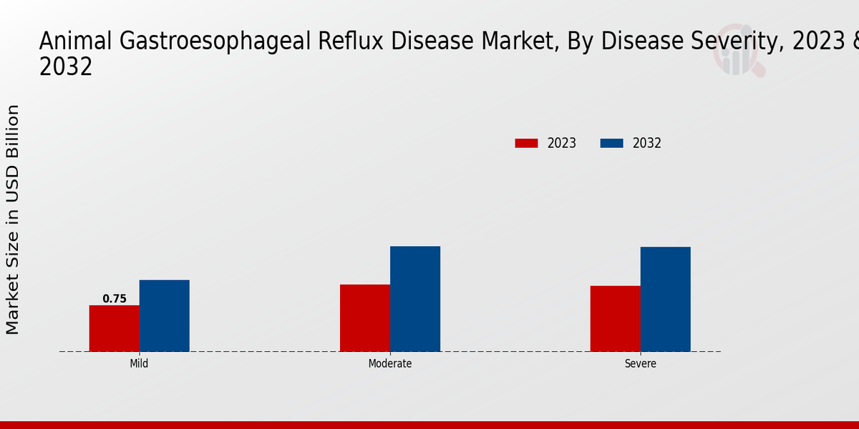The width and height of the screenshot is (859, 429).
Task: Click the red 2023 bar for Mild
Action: tap(115, 328)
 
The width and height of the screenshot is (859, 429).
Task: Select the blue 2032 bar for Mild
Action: tap(165, 315)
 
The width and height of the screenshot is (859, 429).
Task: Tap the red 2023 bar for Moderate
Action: tap(365, 317)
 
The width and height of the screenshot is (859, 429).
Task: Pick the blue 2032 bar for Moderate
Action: tap(415, 299)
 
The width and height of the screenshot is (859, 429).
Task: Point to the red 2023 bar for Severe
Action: tap(616, 318)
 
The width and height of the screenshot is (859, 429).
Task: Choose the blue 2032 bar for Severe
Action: tap(666, 299)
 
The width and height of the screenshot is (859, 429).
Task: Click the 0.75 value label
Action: tap(115, 299)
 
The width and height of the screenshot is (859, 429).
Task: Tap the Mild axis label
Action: tap(139, 363)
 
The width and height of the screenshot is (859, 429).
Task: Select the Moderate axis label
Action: tap(390, 363)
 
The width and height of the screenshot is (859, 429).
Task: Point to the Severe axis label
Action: tap(640, 363)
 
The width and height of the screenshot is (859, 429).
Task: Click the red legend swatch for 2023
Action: tap(526, 143)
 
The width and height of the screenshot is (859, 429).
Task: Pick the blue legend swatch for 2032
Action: tap(611, 143)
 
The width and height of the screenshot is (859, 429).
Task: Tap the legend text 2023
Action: tap(562, 143)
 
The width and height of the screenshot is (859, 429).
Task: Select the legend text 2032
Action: tap(647, 143)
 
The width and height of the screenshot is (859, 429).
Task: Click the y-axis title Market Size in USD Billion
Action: tap(13, 219)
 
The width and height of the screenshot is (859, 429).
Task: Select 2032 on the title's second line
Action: tap(65, 66)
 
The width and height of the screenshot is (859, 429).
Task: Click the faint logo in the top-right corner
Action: tap(738, 54)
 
